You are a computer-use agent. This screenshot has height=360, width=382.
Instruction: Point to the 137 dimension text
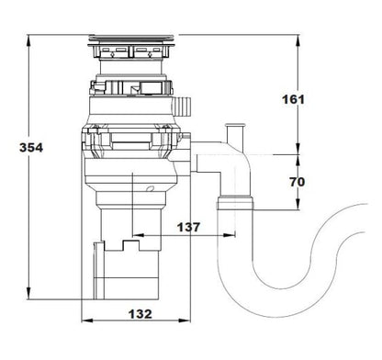188,227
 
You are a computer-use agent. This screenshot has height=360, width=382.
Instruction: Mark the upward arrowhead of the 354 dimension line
31,41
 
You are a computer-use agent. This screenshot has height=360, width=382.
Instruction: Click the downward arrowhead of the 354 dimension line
31,300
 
